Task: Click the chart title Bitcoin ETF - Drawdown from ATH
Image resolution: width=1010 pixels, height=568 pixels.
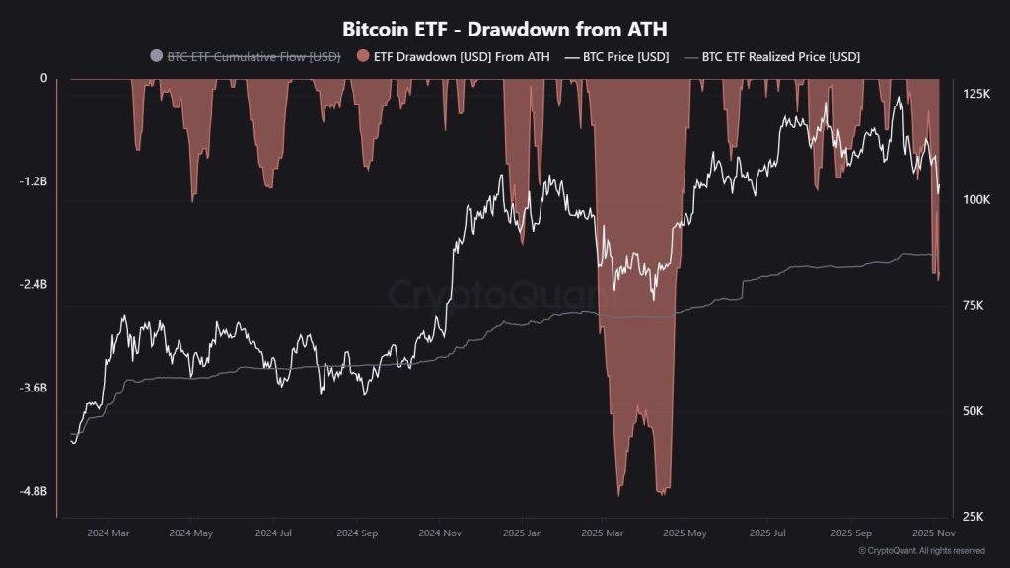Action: point(505,29)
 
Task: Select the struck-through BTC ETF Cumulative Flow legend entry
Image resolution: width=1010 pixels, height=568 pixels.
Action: point(253,57)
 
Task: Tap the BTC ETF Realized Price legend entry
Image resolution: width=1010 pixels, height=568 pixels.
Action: point(780,57)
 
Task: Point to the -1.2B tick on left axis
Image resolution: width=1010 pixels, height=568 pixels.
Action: point(33,181)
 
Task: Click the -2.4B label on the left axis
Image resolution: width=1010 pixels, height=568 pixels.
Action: point(33,285)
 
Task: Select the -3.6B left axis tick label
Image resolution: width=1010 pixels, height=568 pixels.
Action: point(33,389)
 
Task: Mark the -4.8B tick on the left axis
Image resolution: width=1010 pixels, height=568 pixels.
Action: point(33,492)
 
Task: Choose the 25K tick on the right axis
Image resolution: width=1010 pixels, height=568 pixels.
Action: point(974,517)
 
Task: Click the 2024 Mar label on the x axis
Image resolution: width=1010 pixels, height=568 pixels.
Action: point(108,533)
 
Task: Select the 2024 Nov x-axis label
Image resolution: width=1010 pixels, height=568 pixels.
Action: point(441,533)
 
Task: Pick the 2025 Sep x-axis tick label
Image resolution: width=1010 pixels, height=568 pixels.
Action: point(850,533)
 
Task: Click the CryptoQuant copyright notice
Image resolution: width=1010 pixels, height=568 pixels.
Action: point(921,551)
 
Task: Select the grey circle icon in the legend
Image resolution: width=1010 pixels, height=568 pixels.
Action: point(156,57)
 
